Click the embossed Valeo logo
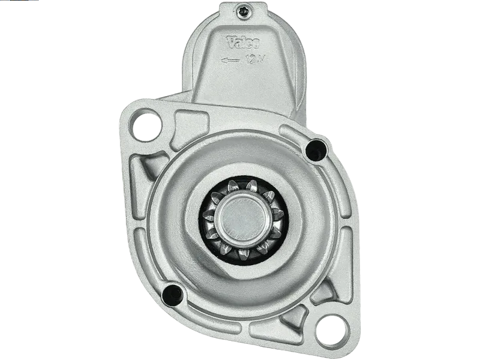click(243, 42)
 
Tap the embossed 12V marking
click(254, 59)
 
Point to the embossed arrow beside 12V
click(230, 61)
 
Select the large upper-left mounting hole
click(146, 125)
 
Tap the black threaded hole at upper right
click(316, 150)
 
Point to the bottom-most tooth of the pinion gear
click(244, 254)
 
